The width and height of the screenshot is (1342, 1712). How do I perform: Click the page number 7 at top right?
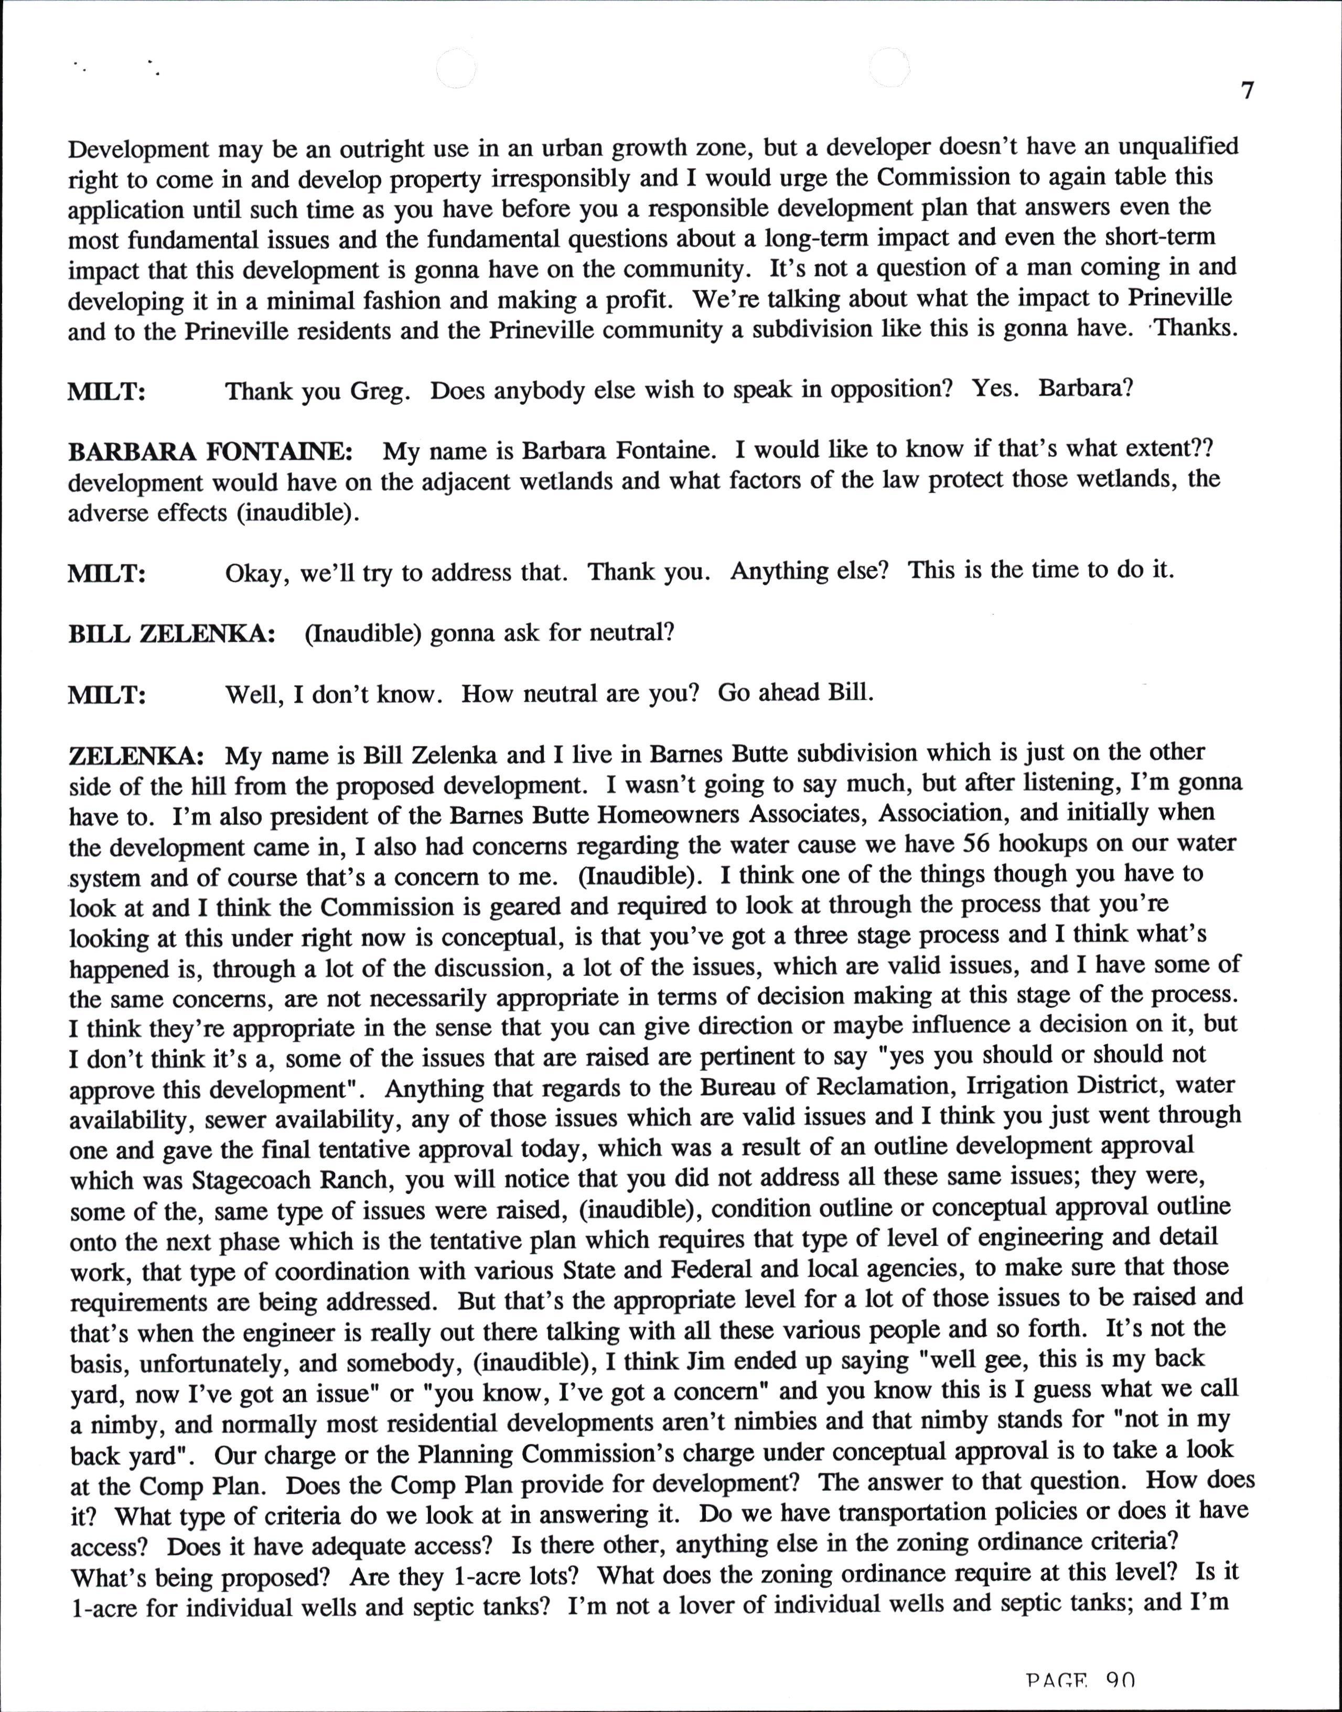1248,91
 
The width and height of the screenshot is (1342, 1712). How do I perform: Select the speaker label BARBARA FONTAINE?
210,452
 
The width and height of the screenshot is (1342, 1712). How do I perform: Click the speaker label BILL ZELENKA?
171,634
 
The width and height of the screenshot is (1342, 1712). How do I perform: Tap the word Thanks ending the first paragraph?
1196,328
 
